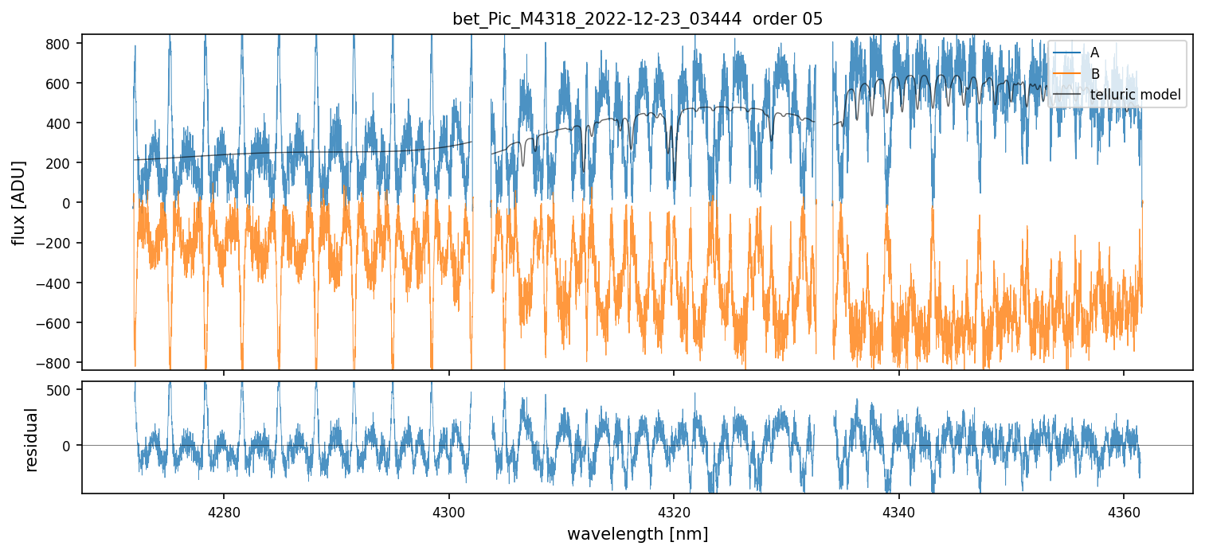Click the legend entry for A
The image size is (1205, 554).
[x=1094, y=53]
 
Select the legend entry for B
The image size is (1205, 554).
[x=1094, y=74]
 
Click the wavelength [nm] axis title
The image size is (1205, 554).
[x=637, y=533]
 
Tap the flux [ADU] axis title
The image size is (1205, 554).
[x=18, y=203]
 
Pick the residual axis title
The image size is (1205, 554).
[x=32, y=439]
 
